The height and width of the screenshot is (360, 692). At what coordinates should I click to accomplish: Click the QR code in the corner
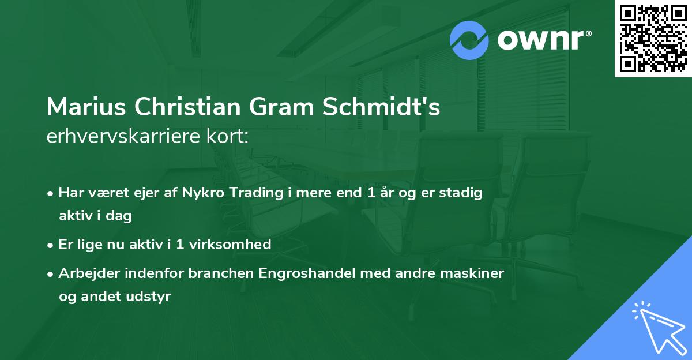point(653,39)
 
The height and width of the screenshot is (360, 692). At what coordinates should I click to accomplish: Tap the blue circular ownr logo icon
point(470,40)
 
